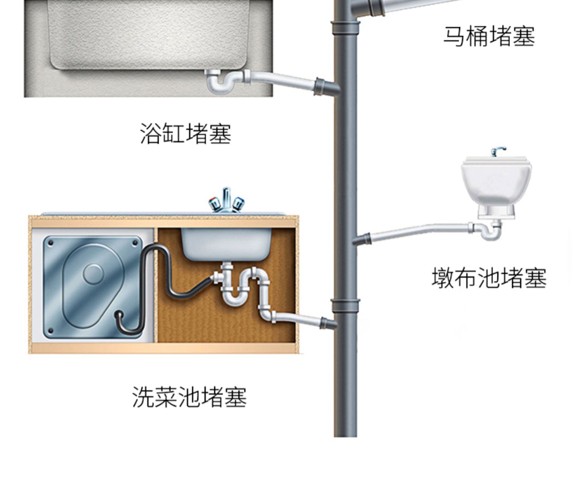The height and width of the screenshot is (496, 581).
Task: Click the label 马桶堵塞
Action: pos(489,36)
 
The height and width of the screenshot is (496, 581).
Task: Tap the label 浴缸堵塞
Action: pos(186,134)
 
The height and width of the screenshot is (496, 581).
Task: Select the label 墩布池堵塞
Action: pos(489,278)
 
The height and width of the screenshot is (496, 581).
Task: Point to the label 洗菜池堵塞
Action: pos(189,397)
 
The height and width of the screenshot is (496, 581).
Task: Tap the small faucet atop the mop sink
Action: pos(497,151)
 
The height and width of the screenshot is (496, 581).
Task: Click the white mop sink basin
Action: pos(496,182)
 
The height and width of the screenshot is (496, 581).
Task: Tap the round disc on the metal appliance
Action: pos(93,273)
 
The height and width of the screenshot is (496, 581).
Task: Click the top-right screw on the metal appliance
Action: pos(135,243)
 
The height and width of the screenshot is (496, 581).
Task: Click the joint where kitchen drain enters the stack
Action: pos(327,322)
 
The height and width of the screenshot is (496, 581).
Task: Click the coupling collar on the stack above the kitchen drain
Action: pos(345,306)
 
